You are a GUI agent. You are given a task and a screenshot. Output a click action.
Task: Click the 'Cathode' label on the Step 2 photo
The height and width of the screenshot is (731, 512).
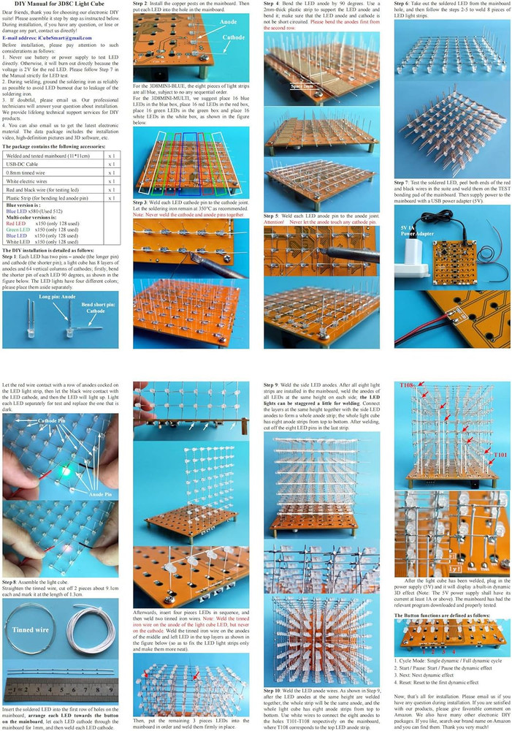pos(234,37)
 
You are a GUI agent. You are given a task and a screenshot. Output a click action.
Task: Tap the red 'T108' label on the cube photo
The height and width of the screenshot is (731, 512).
pos(408,385)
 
